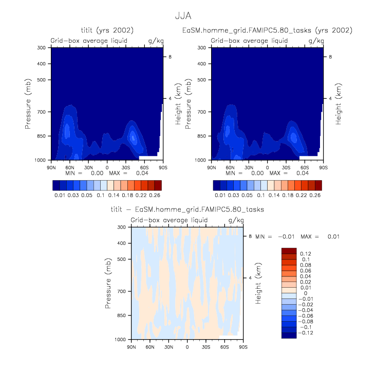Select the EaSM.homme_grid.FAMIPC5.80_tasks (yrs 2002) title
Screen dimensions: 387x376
click(x=267, y=31)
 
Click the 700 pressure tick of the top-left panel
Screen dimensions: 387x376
click(x=41, y=112)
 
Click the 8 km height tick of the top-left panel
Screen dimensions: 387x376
click(x=171, y=56)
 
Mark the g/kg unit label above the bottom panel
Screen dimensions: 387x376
click(x=236, y=220)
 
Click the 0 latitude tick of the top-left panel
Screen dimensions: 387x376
click(x=107, y=167)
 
